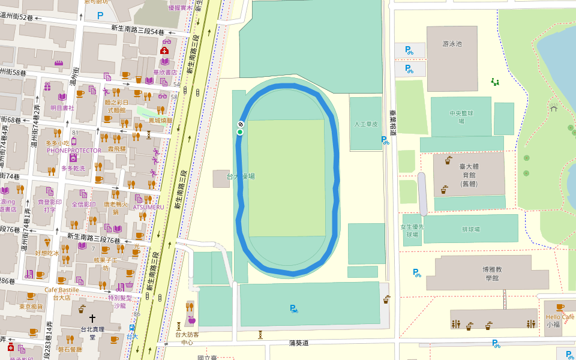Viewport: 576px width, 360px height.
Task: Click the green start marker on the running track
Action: point(240,132)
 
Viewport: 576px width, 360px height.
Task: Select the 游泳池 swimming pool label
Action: point(451,44)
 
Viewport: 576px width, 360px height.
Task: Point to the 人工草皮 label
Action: point(366,124)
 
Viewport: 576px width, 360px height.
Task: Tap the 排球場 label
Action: point(470,229)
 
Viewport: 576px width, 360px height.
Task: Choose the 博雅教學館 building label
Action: point(492,274)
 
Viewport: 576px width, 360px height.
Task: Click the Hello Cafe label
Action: point(560,317)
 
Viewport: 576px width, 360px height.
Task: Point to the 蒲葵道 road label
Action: point(298,343)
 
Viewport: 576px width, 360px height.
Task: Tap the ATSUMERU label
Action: point(148,207)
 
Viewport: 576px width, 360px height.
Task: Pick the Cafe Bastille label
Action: point(61,290)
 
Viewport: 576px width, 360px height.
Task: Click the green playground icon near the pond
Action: point(495,81)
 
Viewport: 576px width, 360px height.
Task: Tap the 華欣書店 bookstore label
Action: point(164,72)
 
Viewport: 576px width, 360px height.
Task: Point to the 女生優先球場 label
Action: point(412,231)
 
